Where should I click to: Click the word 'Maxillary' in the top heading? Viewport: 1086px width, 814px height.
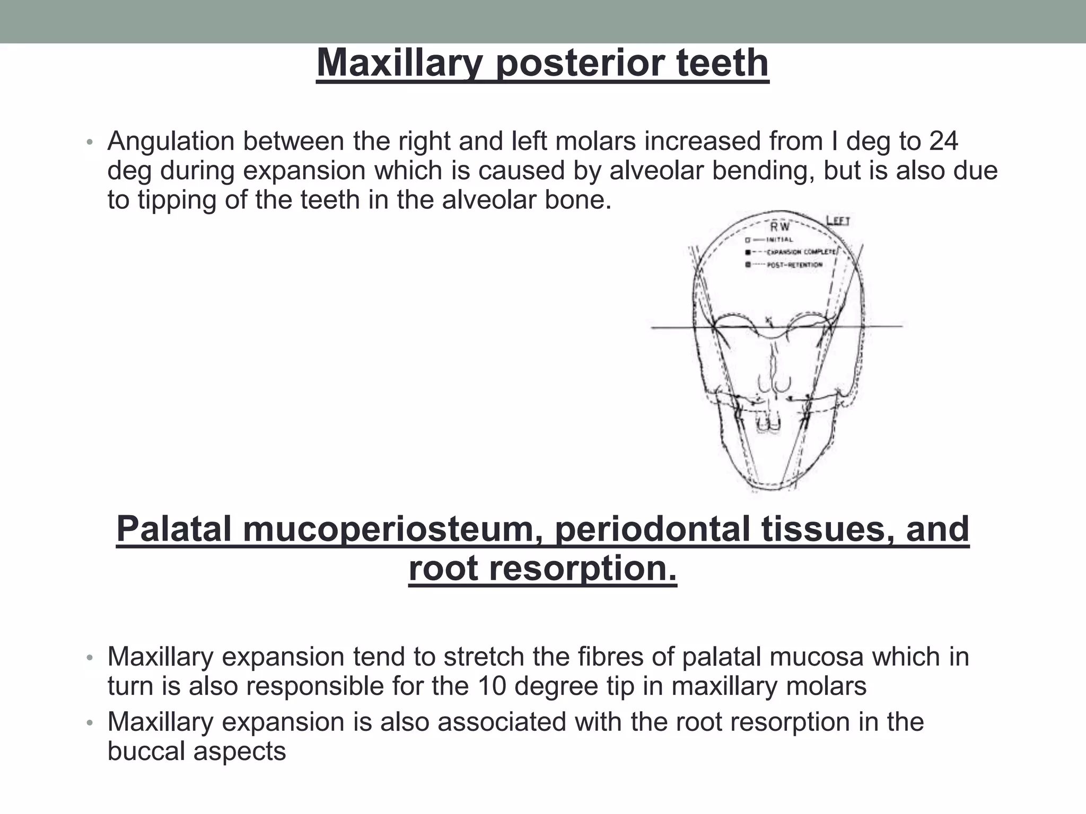pyautogui.click(x=399, y=64)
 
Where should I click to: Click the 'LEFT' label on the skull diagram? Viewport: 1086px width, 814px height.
pyautogui.click(x=838, y=220)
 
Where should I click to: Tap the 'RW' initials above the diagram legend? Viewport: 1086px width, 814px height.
pyautogui.click(x=780, y=227)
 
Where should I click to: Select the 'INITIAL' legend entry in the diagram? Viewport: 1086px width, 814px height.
pyautogui.click(x=779, y=240)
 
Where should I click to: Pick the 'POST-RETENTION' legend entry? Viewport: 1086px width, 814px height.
pyautogui.click(x=794, y=264)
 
